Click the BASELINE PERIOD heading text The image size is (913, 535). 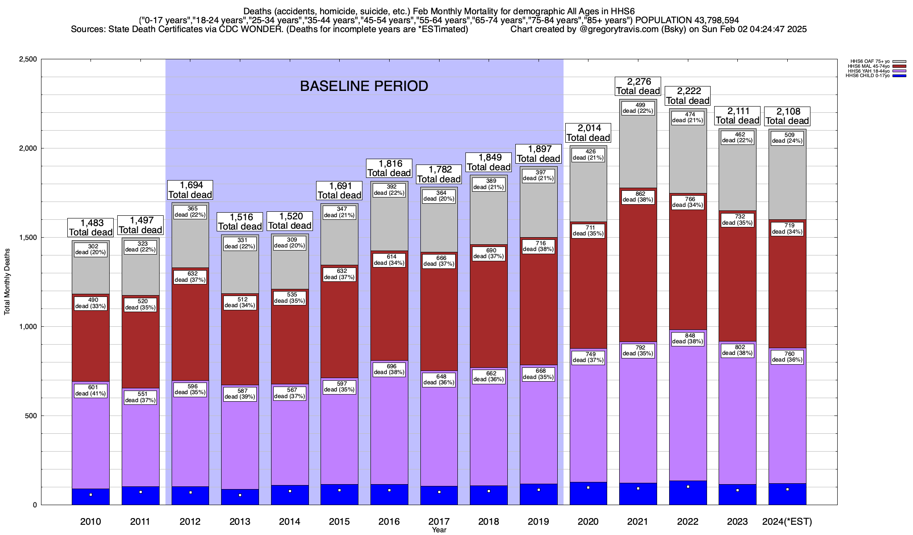[364, 86]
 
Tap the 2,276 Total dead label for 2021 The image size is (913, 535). [638, 86]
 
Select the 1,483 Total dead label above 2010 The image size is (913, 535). [90, 227]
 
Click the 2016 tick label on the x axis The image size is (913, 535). [389, 522]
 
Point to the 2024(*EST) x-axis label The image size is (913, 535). [787, 522]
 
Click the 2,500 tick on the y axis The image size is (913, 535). [28, 59]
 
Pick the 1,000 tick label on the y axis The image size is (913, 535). [28, 327]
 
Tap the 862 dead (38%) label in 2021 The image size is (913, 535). [638, 197]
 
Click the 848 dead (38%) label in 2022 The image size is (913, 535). [688, 338]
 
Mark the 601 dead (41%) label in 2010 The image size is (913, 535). [90, 391]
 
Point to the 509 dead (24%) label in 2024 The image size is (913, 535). [787, 138]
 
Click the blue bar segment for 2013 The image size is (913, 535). [240, 497]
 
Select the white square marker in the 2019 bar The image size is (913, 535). [539, 490]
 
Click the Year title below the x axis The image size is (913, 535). [439, 530]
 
